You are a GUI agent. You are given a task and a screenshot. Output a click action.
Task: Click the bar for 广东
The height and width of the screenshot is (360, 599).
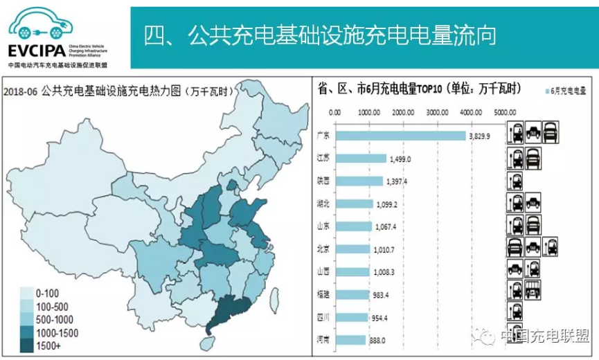click(x=400, y=136)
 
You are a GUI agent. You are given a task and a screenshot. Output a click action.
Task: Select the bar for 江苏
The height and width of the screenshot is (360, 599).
click(x=360, y=159)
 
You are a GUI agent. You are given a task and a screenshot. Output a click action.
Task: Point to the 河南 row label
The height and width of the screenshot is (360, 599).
click(x=322, y=340)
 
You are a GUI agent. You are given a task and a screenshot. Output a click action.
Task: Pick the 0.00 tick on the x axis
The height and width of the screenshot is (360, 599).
click(x=334, y=111)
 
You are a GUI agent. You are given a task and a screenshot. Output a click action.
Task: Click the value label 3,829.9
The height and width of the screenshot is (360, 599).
click(x=479, y=136)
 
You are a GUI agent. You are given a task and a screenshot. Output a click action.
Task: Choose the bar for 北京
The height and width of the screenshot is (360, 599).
click(x=352, y=249)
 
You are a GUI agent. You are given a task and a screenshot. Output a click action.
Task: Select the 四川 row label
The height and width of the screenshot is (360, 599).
click(x=322, y=317)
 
